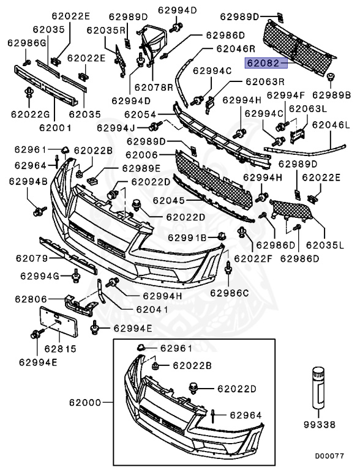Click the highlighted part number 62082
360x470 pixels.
[x=263, y=62]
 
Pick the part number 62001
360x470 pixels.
[x=56, y=129]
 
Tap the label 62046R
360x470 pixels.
[x=235, y=48]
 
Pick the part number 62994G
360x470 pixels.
[x=39, y=277]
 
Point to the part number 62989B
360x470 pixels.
[x=331, y=95]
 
